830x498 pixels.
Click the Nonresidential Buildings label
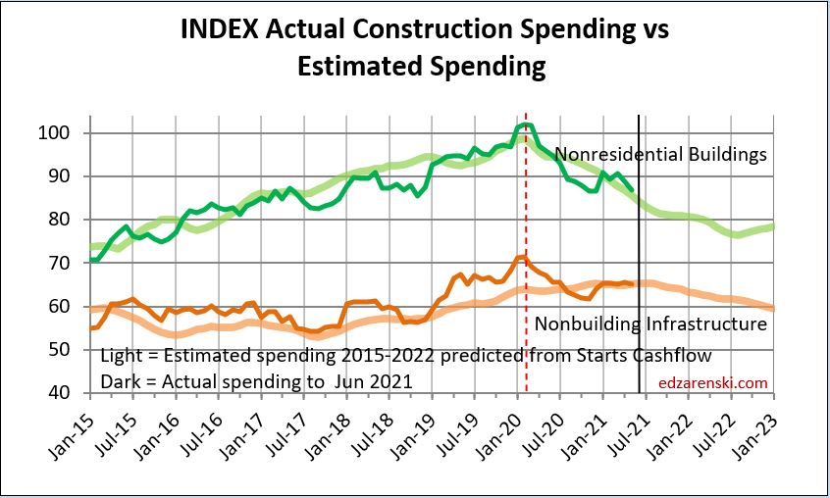pos(660,154)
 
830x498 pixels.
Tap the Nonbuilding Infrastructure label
pos(650,323)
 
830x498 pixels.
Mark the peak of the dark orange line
pos(523,257)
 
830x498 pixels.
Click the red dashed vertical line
pos(527,294)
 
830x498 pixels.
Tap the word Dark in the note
pos(119,380)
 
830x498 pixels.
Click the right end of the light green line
pos(773,227)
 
